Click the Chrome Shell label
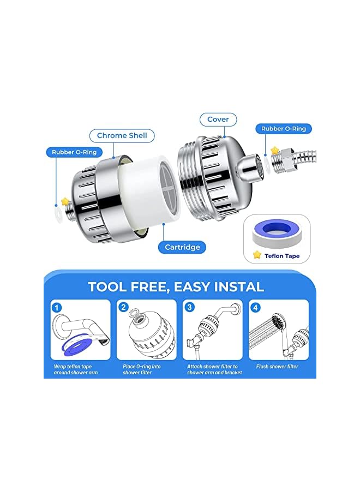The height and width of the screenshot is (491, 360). pos(122,135)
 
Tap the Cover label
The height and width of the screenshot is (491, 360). pos(218,119)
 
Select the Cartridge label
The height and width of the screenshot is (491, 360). pos(182,247)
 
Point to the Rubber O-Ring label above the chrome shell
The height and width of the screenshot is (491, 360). pos(74,152)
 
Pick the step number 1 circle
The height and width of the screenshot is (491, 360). pos(58,307)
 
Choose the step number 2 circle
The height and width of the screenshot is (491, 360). pos(124,307)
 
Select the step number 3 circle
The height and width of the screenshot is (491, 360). pos(190,307)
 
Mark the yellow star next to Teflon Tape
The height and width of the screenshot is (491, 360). pos(257,254)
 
